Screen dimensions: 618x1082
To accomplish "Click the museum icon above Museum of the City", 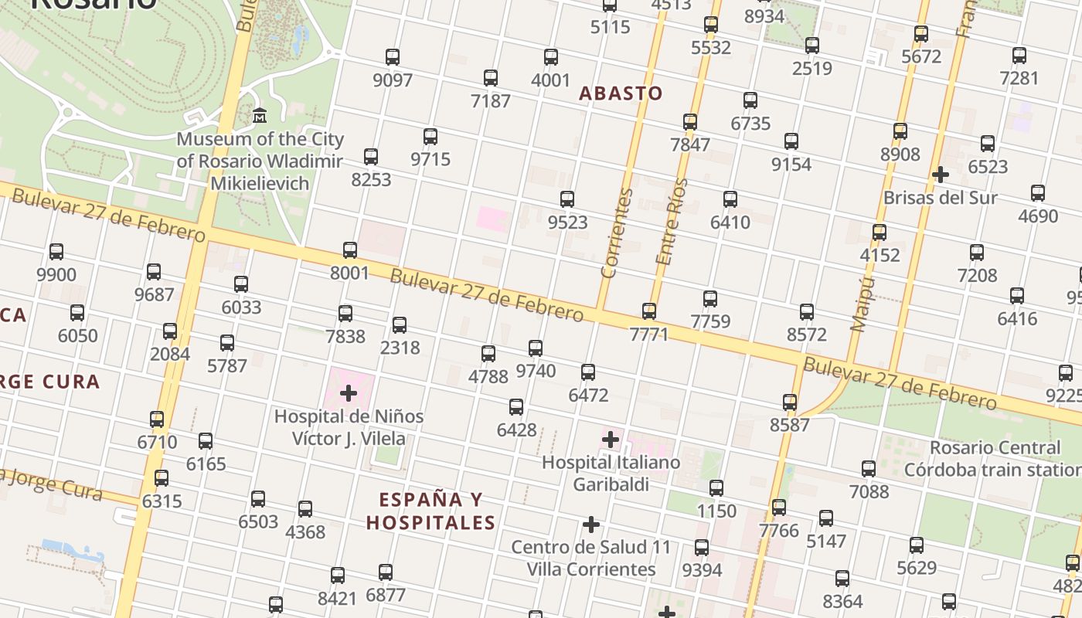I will point(260,116).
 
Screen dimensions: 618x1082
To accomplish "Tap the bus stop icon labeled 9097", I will point(393,57).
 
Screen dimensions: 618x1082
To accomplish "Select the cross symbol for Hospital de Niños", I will point(349,393).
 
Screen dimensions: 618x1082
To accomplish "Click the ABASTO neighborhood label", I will point(621,93).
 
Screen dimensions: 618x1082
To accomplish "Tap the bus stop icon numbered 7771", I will point(649,311).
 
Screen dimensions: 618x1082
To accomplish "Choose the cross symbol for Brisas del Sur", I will point(940,175).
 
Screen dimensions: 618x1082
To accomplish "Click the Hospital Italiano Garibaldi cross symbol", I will point(611,440).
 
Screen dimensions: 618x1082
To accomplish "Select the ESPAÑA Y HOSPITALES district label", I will point(430,511).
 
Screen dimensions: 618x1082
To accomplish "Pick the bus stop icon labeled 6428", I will point(516,407).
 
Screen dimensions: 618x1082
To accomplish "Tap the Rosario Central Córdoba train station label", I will point(994,459).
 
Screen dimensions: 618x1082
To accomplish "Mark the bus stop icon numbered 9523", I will point(567,199).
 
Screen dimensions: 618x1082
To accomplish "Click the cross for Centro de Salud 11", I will point(591,525).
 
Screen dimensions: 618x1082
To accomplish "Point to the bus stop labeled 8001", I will point(350,250).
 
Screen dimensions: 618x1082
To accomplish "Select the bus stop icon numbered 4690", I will point(1038,193).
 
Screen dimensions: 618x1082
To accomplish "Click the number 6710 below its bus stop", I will point(157,443).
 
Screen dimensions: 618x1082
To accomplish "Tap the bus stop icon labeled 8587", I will point(790,402).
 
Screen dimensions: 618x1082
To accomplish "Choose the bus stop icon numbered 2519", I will point(812,46).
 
